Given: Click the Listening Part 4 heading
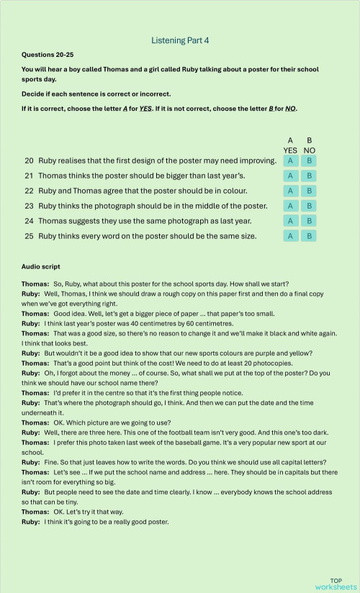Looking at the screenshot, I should click(x=180, y=41).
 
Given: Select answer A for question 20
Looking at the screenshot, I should click(x=290, y=160).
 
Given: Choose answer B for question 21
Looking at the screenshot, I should click(x=309, y=176).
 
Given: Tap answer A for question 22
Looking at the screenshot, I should click(x=290, y=191).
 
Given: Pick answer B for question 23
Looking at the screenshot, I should click(x=309, y=206).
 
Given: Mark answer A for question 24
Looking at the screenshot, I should click(x=290, y=221).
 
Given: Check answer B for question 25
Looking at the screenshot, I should click(x=309, y=236).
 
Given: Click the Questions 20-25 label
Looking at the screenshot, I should click(x=48, y=55).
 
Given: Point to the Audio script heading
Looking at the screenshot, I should click(x=41, y=267).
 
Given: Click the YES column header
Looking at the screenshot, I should click(x=290, y=150).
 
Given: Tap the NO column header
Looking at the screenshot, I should click(x=310, y=150).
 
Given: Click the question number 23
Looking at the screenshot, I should click(x=30, y=206).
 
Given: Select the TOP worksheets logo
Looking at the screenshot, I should click(x=336, y=584).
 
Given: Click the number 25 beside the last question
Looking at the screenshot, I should click(x=30, y=235).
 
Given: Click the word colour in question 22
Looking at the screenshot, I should click(x=231, y=191).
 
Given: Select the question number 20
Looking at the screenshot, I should click(x=30, y=160).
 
